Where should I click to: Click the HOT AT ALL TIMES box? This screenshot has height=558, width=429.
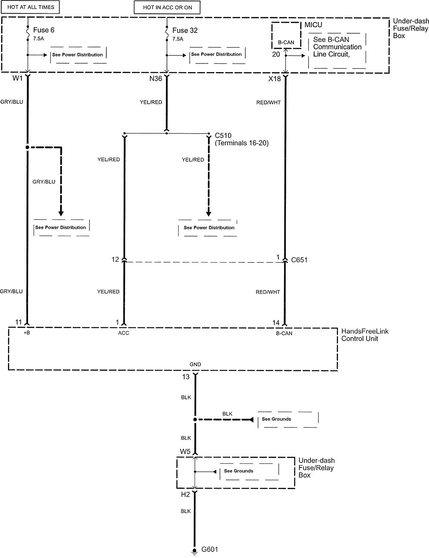30,7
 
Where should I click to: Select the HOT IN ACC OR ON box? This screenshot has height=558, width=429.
167,7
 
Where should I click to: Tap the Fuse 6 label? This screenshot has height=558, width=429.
44,30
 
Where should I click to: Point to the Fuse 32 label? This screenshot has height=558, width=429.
185,30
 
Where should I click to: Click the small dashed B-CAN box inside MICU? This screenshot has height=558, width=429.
286,35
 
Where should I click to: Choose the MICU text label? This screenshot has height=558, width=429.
313,25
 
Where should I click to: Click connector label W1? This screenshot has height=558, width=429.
17,78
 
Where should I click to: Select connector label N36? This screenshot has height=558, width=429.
156,78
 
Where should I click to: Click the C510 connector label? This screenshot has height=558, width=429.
223,136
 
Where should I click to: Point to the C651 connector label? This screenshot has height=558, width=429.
299,260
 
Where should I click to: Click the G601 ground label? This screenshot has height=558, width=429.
210,549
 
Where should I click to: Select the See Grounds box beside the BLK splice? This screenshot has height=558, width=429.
288,419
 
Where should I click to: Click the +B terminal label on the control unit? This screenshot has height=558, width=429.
27,333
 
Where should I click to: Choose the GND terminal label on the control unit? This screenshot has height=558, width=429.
195,364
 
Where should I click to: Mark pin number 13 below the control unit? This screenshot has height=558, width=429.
186,377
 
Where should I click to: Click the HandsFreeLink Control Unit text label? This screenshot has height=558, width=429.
365,335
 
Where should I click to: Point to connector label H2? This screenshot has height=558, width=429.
185,495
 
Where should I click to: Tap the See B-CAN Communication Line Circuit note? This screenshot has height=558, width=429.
337,47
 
